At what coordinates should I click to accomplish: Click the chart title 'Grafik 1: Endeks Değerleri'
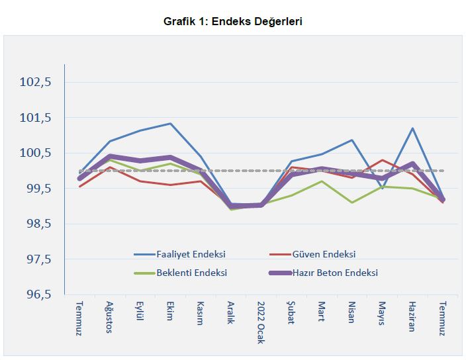pos(233,22)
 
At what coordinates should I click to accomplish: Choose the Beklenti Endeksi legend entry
pos(192,272)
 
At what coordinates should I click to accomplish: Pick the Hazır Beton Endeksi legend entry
pos(334,272)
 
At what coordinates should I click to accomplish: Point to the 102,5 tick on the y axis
pos(36,83)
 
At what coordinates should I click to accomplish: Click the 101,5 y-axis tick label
pos(36,118)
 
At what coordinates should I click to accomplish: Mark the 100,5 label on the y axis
pos(36,154)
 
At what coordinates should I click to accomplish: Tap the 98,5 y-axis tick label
pos(36,224)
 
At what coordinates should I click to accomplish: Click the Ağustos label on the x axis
pos(110,317)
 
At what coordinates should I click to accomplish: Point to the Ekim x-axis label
pos(170,312)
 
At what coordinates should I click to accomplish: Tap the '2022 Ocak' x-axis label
pos(261,319)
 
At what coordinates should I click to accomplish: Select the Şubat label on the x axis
pos(291,313)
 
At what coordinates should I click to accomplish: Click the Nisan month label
pos(351,312)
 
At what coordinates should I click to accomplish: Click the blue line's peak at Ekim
pos(170,124)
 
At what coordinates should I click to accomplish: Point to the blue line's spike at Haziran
pos(412,128)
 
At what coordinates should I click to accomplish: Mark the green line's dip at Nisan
pos(351,202)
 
